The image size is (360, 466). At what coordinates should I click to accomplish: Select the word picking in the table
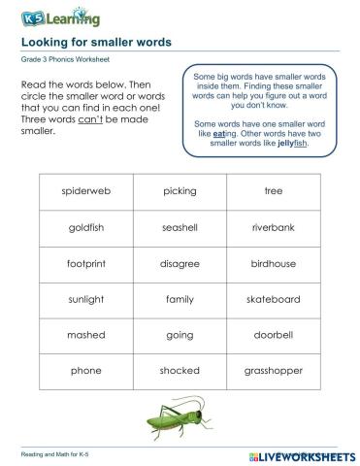pyautogui.click(x=180, y=191)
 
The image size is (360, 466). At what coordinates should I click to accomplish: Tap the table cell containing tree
pyautogui.click(x=273, y=191)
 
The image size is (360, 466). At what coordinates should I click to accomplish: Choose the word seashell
pyautogui.click(x=180, y=227)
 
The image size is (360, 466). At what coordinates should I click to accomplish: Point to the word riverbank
pyautogui.click(x=273, y=227)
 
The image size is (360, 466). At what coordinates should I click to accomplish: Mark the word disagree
pyautogui.click(x=180, y=263)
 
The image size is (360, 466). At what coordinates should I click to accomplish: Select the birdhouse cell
pyautogui.click(x=273, y=263)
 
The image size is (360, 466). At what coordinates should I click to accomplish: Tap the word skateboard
pyautogui.click(x=273, y=299)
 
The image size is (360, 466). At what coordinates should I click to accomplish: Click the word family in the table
pyautogui.click(x=180, y=299)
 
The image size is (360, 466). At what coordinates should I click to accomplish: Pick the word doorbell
pyautogui.click(x=273, y=335)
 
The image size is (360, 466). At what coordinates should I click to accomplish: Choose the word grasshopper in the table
pyautogui.click(x=273, y=371)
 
